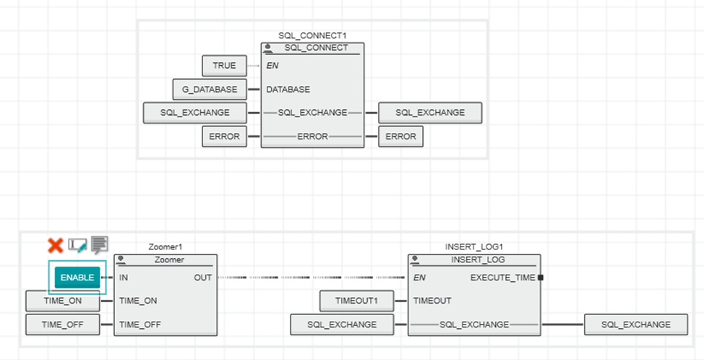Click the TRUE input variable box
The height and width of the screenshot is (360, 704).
[224, 66]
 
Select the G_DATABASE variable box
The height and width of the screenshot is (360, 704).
[210, 90]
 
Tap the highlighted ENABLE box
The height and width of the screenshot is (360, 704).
[77, 278]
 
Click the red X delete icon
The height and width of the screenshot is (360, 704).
[55, 246]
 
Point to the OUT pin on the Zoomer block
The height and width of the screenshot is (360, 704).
[202, 278]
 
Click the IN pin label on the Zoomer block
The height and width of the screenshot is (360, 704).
[124, 278]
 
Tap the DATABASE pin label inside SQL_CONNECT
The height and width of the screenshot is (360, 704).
[288, 90]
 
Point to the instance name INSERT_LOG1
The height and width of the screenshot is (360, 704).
[474, 247]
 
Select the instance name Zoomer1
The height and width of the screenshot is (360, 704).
[166, 247]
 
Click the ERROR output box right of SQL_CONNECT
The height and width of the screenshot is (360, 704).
[400, 136]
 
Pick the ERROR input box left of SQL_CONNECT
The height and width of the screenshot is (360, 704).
[224, 136]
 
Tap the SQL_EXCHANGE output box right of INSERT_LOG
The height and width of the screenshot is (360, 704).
[636, 325]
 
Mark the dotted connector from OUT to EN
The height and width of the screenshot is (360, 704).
[311, 278]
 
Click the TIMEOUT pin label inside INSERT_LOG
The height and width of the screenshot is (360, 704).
[432, 301]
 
